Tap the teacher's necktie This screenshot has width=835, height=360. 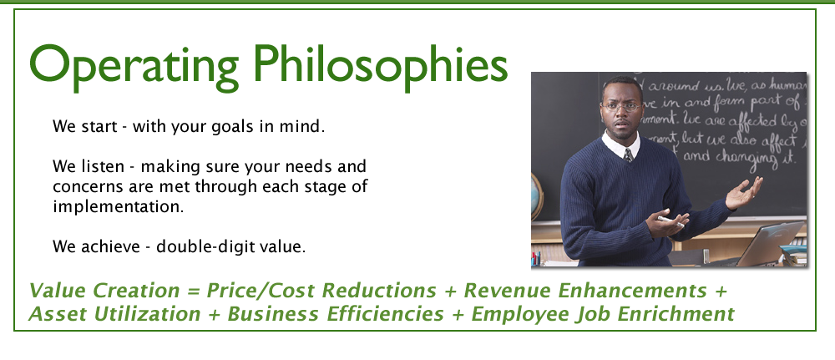pos(628,155)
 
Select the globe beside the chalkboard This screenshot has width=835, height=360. pos(537,195)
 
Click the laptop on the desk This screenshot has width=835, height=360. pos(768,242)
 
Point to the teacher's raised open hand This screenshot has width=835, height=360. pos(745,193)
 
